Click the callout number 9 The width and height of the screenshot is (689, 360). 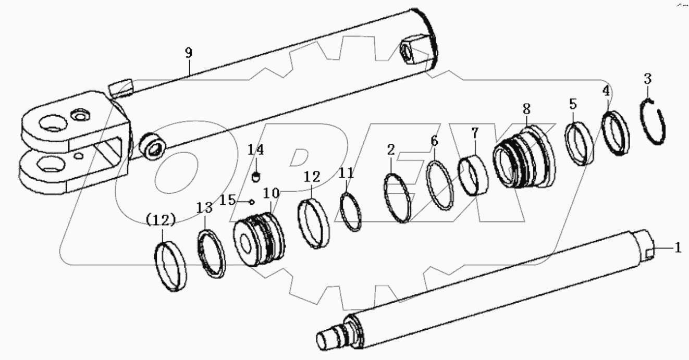(189, 53)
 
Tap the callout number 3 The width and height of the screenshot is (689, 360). (647, 80)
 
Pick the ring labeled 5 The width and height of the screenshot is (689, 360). (579, 143)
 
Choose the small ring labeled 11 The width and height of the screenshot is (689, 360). (350, 211)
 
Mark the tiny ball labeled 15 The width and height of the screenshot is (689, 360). (252, 201)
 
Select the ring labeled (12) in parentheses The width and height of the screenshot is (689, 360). (172, 265)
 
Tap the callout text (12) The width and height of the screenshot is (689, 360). (160, 220)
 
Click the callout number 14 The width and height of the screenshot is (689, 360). (255, 150)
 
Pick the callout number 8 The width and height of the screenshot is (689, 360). (526, 109)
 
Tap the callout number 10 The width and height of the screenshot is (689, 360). (271, 193)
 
